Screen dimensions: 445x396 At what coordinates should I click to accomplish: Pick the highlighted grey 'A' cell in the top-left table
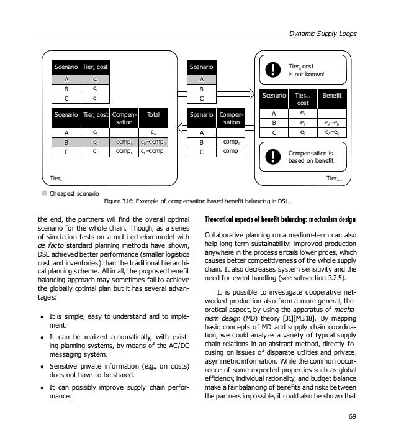[65, 80]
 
